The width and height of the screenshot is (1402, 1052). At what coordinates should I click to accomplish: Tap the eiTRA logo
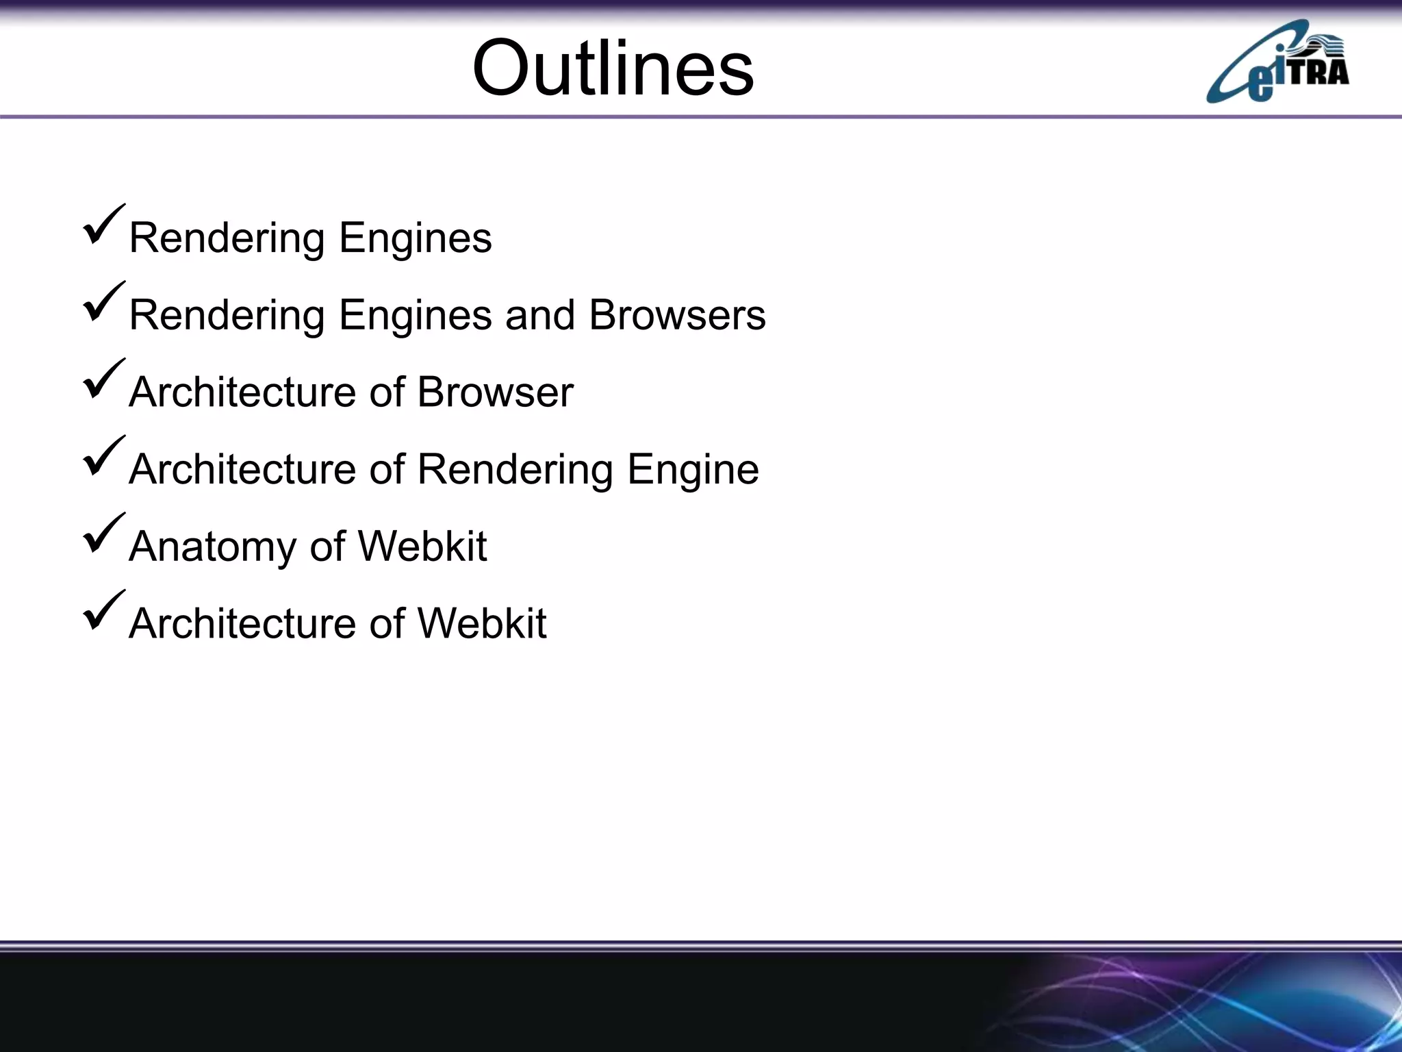click(x=1277, y=63)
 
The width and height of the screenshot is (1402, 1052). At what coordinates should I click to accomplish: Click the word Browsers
click(x=677, y=315)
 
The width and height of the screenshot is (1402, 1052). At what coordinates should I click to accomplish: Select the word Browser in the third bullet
click(x=495, y=392)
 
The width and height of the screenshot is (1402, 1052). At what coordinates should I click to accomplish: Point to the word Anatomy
click(x=213, y=547)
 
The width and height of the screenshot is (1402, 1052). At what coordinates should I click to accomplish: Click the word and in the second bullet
click(x=539, y=315)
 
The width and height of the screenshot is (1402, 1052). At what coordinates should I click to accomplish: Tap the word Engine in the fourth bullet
click(x=693, y=470)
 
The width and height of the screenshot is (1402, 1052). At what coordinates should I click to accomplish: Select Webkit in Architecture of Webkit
click(x=481, y=624)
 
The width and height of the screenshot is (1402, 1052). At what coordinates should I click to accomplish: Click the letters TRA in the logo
click(x=1318, y=71)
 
